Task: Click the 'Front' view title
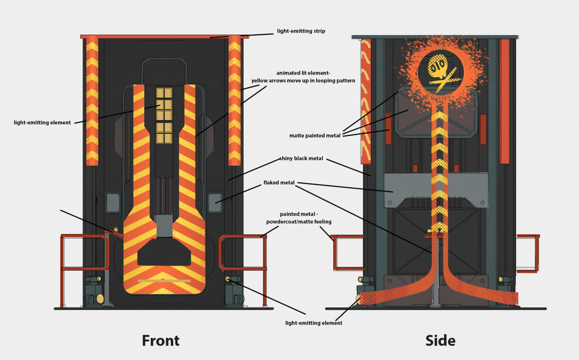tap(161, 340)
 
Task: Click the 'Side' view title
tap(440, 340)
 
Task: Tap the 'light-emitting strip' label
tap(301, 31)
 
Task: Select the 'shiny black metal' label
tap(301, 158)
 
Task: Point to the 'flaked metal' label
tap(279, 183)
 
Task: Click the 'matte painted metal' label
tap(315, 135)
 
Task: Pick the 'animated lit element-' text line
tap(303, 73)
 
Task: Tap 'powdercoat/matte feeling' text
tap(299, 222)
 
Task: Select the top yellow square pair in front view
tap(164, 93)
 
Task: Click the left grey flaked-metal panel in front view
tap(113, 202)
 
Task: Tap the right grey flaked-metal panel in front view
tap(215, 202)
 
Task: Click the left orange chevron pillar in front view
tap(92, 101)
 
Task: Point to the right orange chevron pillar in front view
tap(235, 101)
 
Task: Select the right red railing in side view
tap(538, 253)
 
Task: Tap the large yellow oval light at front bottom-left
tap(100, 298)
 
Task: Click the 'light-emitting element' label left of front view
tap(42, 123)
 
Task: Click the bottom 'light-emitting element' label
tap(314, 323)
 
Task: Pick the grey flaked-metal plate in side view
tap(436, 190)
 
